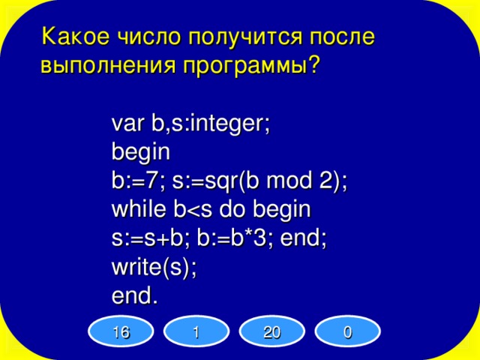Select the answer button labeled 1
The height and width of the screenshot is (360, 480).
(195, 330)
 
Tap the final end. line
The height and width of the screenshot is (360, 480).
(135, 296)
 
